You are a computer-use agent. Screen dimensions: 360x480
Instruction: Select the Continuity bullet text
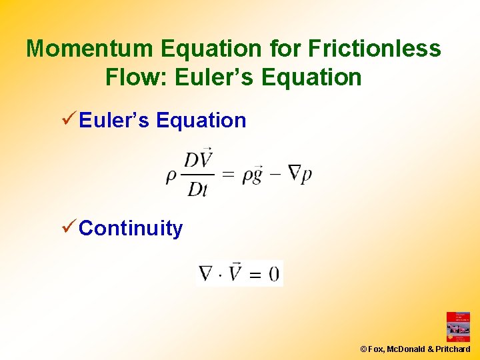point(131,229)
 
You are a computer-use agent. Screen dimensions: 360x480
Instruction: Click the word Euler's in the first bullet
point(113,121)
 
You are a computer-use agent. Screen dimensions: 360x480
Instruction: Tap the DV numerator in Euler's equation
point(198,161)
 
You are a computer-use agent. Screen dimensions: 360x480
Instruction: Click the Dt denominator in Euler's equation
point(198,189)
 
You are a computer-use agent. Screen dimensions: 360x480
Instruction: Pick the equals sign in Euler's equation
point(228,175)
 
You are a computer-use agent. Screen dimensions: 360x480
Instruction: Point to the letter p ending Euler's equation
point(307,177)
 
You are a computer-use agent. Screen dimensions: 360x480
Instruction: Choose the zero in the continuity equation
point(274,274)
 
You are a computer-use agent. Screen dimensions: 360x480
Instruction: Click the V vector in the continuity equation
point(235,273)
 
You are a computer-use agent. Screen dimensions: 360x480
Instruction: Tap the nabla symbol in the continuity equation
point(207,274)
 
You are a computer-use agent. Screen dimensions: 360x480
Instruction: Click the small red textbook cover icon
point(458,327)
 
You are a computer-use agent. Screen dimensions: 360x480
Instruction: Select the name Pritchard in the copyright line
point(453,349)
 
